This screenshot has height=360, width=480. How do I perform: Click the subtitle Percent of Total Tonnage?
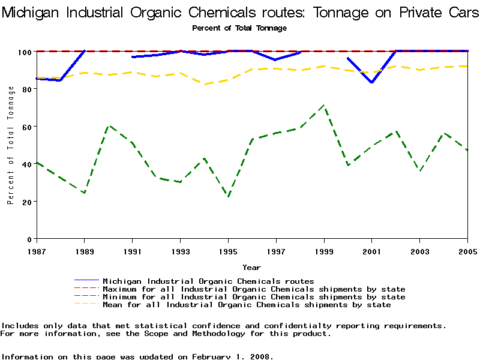[x=239, y=28]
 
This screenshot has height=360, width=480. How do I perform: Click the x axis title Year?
[x=251, y=267]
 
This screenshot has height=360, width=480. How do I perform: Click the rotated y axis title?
[x=11, y=145]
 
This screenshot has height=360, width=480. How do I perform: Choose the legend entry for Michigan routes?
[x=208, y=281]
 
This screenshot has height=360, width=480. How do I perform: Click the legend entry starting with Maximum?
[x=254, y=289]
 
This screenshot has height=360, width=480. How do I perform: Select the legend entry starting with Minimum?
[x=254, y=297]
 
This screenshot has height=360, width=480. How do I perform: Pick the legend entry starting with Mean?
[x=247, y=305]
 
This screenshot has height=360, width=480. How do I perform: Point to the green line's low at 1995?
[x=228, y=196]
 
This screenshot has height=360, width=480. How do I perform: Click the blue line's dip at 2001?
[x=372, y=82]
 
